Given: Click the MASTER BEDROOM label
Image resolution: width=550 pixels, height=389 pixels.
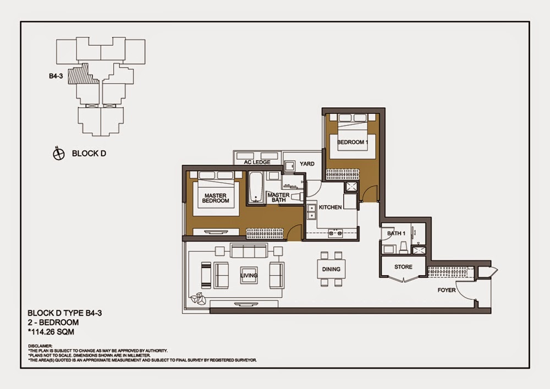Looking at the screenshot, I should click(x=216, y=198).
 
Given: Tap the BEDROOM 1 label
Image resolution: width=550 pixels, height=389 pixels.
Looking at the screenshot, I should click(x=351, y=142).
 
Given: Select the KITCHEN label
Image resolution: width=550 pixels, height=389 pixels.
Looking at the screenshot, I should click(x=331, y=207).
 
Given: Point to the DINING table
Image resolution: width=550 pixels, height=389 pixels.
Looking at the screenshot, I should click(x=331, y=269).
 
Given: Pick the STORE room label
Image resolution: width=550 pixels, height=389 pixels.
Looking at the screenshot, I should click(x=403, y=267).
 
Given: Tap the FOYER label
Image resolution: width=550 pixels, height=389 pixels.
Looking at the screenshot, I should click(x=446, y=290).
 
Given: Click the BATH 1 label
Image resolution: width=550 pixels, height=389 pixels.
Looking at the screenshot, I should click(x=395, y=233).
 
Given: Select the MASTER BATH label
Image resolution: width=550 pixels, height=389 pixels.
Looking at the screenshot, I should click(x=278, y=198).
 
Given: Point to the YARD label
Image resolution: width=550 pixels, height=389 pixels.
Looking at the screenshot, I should click(x=307, y=164).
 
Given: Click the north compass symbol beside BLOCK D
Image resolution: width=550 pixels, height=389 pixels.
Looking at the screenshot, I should click(x=59, y=154).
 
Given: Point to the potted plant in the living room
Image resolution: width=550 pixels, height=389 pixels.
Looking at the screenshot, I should click(x=197, y=299).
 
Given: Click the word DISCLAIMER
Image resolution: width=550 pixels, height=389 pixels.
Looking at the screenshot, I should click(x=42, y=346).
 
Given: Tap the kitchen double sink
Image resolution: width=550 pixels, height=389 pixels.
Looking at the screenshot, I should click(x=311, y=211).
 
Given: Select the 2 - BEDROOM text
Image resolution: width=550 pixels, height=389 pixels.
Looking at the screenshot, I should click(x=53, y=322).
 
